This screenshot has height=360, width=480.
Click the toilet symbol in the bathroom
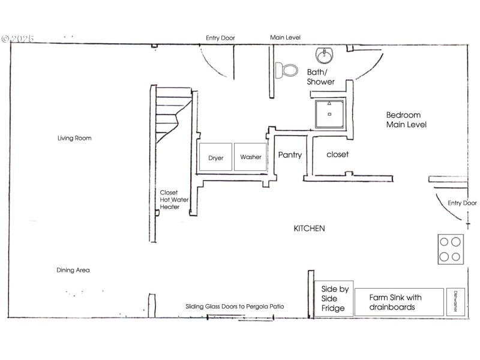287,70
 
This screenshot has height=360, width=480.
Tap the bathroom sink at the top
325,56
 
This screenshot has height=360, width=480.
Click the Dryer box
216,158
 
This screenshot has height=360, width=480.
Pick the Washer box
251,157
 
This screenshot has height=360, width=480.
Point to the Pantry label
290,155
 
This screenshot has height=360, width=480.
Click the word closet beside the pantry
337,154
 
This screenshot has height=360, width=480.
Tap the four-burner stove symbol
451,249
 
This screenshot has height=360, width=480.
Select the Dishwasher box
455,302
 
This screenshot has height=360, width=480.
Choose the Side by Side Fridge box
334,298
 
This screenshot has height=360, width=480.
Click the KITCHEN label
309,229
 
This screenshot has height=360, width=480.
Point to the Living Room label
74,138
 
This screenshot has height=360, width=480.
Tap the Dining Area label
73,270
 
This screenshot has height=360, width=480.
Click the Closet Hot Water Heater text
169,200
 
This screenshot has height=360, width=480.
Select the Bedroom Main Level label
406,120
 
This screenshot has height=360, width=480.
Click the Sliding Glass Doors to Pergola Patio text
235,307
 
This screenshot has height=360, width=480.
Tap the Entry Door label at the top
220,38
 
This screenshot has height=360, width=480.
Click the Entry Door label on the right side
462,203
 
